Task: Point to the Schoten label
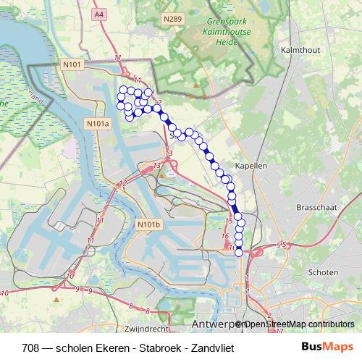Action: tap(323, 272)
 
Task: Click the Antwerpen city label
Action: tap(216, 323)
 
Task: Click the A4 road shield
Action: tap(99, 12)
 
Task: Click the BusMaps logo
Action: tap(327, 347)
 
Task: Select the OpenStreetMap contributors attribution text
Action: tap(298, 324)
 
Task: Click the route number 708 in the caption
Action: tap(31, 348)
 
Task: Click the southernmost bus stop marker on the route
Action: tap(239, 252)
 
